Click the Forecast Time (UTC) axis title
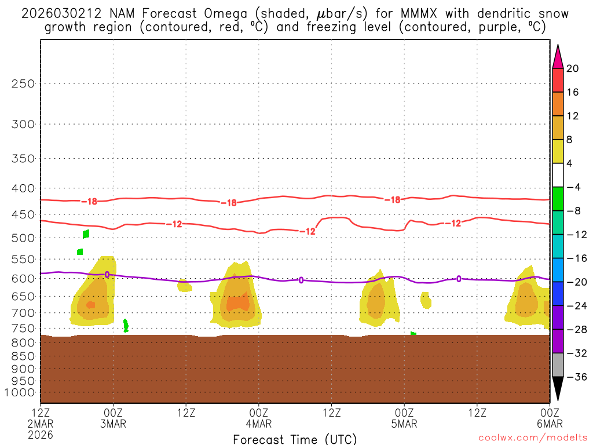tap(295, 439)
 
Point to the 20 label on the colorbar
tap(573, 69)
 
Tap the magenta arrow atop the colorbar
tap(558, 56)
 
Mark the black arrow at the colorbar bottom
tap(558, 389)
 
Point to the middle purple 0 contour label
tap(301, 280)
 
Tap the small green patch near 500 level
tap(86, 234)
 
